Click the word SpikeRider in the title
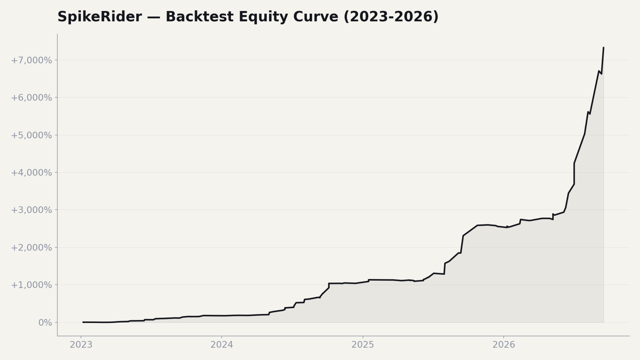coord(100,17)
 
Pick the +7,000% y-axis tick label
coord(31,60)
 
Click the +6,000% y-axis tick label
coord(31,98)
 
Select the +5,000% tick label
coord(31,135)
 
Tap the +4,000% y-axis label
coord(31,173)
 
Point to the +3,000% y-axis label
coord(31,210)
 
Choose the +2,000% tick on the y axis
coord(31,248)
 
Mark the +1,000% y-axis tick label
coord(31,285)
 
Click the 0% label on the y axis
coord(45,323)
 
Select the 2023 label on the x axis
coord(81,345)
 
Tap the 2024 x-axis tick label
coord(222,345)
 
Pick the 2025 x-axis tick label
coord(363,345)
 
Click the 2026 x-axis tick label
coord(504,345)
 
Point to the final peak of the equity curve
coord(603,48)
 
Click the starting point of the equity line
coord(83,322)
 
